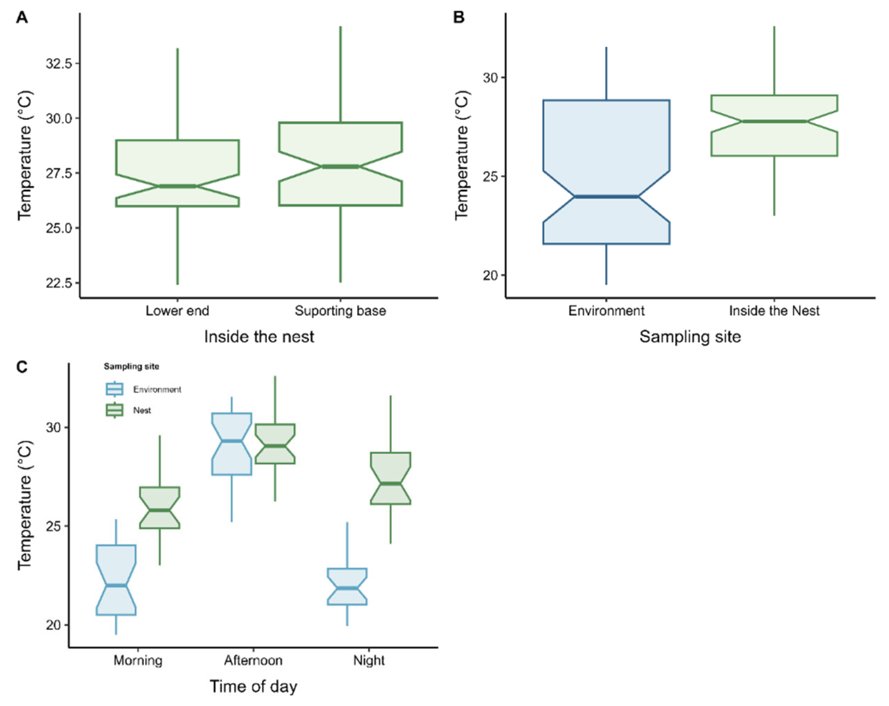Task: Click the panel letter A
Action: (22, 18)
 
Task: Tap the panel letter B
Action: (458, 18)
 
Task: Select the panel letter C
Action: (22, 366)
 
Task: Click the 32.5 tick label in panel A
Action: (59, 64)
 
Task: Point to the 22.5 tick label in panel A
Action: (59, 283)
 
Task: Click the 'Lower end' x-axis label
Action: (177, 310)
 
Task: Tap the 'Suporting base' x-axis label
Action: (340, 310)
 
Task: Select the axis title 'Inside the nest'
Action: (259, 337)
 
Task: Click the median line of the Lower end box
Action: (177, 186)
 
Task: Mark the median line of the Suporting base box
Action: (340, 167)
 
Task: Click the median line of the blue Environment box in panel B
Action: (606, 197)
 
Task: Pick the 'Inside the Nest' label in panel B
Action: (774, 310)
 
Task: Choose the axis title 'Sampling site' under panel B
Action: (690, 337)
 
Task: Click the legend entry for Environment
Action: (157, 389)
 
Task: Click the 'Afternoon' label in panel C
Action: (253, 660)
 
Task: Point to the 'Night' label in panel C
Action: (369, 660)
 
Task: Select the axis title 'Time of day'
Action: (253, 687)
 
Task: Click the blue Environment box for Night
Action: (347, 586)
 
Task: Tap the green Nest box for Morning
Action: (160, 508)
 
